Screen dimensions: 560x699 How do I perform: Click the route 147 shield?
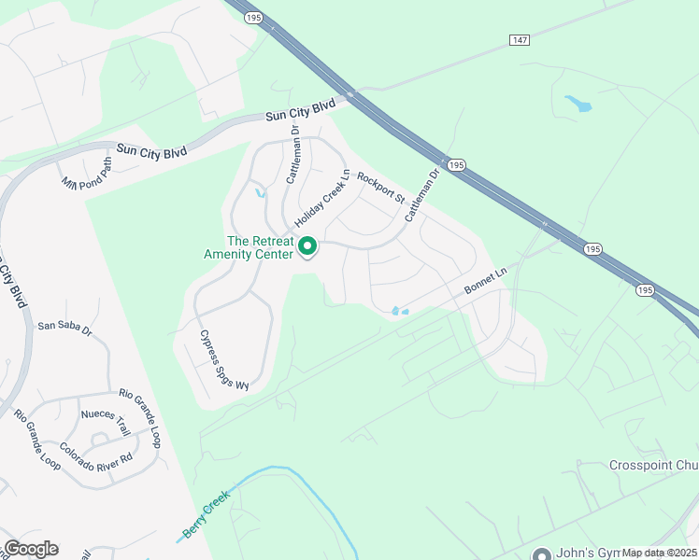[x=520, y=39]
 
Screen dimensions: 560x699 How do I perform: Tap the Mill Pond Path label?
[x=86, y=173]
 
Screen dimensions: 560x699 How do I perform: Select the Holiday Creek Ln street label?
[x=321, y=201]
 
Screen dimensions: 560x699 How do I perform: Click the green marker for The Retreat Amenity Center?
[x=307, y=247]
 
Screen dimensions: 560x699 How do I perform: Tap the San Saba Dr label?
[x=64, y=328]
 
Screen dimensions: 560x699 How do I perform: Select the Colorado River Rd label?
[x=96, y=453]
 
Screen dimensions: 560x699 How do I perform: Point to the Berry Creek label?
[x=207, y=517]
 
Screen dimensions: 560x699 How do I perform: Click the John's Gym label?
[x=587, y=551]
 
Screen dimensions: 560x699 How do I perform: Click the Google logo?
[x=30, y=549]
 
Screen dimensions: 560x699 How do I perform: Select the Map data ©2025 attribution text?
[x=659, y=553]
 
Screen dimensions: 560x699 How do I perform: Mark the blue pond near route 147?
[x=578, y=103]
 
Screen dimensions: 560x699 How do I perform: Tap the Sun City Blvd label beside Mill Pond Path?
[x=151, y=149]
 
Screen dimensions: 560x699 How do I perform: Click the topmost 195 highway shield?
[x=252, y=17]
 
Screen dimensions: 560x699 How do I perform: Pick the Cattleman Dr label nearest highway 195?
[x=421, y=194]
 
